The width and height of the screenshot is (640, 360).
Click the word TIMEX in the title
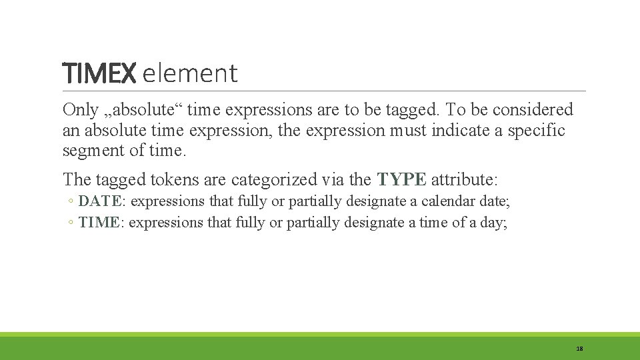99,73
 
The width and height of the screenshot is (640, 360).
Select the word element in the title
190,73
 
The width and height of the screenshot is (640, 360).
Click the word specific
536,130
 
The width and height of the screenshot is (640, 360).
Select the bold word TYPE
401,179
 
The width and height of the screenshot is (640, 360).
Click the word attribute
464,179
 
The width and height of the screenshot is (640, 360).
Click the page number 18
579,349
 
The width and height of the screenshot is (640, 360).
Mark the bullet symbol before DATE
71,201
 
